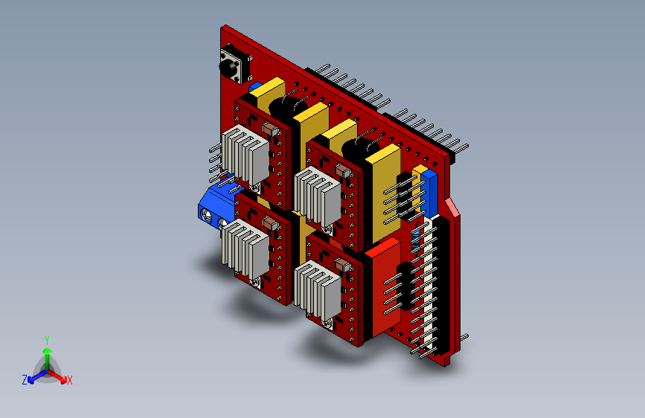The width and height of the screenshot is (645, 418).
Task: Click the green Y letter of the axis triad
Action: tap(46, 338)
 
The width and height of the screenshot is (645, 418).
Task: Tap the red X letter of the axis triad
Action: tap(70, 380)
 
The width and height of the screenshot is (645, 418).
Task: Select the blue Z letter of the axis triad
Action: tap(25, 379)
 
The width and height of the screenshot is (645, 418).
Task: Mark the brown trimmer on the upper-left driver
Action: tap(269, 129)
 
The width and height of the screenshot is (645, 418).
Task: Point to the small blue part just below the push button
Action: tap(254, 87)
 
